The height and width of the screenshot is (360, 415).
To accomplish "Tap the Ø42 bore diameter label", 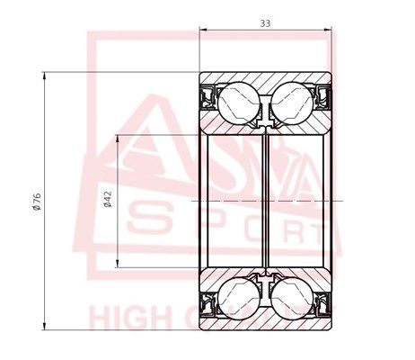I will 108,199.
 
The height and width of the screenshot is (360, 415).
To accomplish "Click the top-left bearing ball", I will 238,100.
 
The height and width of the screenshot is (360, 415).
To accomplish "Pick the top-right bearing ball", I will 294,100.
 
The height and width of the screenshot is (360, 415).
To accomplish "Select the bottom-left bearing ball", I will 238,297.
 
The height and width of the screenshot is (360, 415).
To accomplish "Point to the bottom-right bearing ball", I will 294,297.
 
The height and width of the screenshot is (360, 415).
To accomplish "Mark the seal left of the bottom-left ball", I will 207,302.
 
